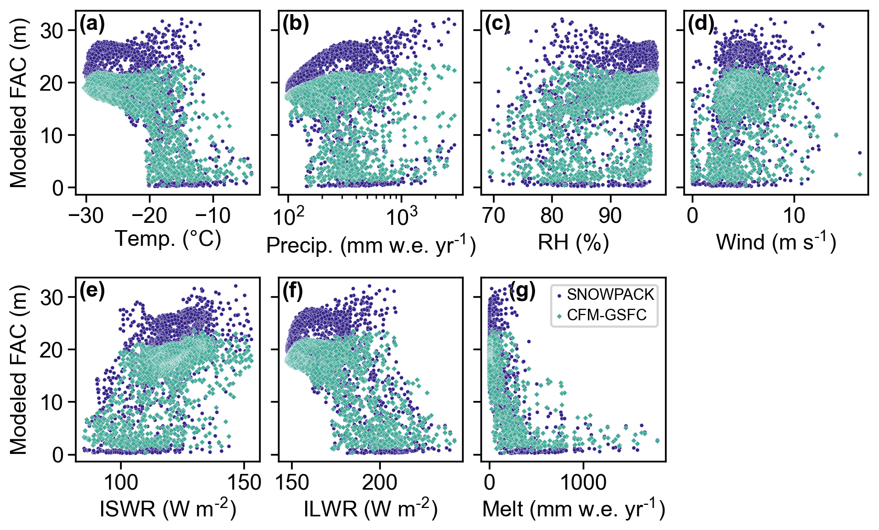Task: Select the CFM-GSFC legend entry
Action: coord(606,315)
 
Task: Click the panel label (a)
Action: coord(92,24)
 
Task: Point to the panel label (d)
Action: coord(701,24)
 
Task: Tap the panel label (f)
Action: coord(293,291)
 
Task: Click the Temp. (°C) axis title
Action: coord(168,239)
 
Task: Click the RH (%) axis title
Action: coord(573,242)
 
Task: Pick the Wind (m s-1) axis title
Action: coord(776,242)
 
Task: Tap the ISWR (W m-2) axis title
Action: coord(168,509)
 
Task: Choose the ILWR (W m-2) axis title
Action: coord(371,509)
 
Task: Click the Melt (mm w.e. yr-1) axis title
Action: coord(573,509)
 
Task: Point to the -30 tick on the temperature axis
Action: coord(86,215)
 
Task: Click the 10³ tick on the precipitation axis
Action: coord(401,216)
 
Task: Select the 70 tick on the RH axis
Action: coord(494,215)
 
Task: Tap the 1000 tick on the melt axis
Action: coord(583,482)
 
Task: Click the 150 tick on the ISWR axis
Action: coord(244,482)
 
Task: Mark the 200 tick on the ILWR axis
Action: coord(379,482)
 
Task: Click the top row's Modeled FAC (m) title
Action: coord(19,103)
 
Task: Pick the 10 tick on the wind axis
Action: coord(794,215)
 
